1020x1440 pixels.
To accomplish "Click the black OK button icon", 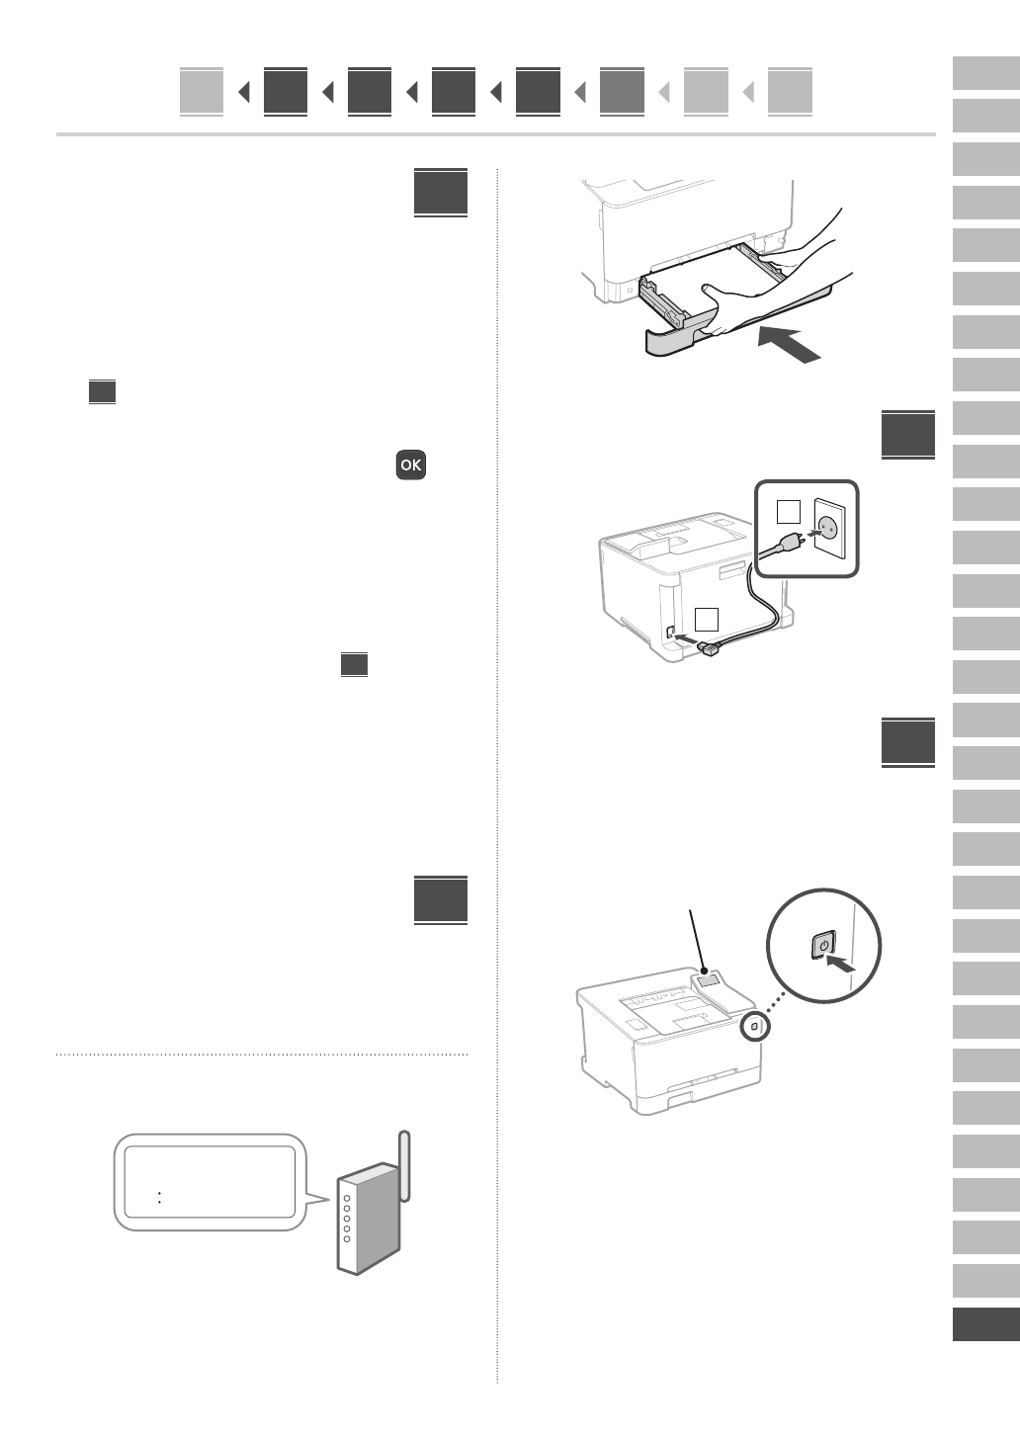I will (411, 465).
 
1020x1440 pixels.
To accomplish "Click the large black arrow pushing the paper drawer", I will (790, 345).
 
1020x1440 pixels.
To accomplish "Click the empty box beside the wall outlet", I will (788, 512).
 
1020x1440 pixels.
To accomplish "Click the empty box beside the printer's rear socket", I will (706, 620).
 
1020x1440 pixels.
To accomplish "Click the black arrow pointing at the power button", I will (839, 962).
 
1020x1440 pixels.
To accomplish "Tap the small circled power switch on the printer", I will (755, 1027).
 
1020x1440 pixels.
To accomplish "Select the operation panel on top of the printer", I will (708, 981).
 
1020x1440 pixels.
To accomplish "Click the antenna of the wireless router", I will (404, 1166).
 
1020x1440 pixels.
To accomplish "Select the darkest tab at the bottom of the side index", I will (985, 1324).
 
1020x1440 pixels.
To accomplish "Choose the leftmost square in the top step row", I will (202, 92).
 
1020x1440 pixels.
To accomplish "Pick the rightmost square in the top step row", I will (790, 92).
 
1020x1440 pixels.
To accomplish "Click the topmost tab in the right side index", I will (985, 74).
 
